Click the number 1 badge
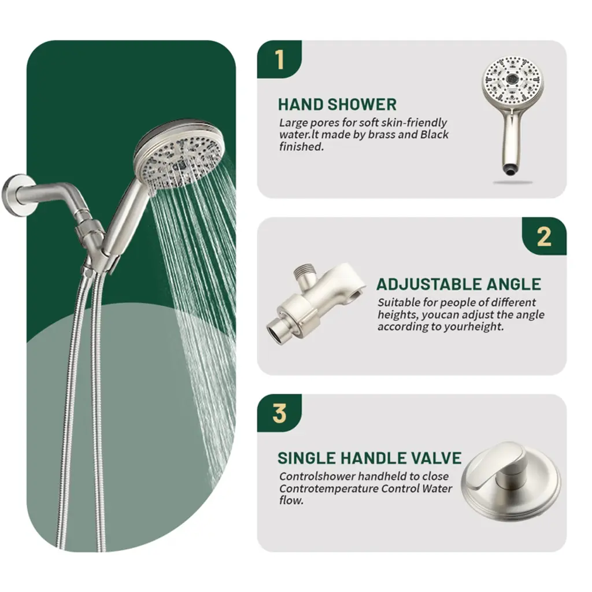pyautogui.click(x=279, y=60)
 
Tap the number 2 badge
pyautogui.click(x=544, y=236)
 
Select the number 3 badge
pyautogui.click(x=279, y=413)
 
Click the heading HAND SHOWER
pyautogui.click(x=337, y=105)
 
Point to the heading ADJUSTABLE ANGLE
pyautogui.click(x=458, y=284)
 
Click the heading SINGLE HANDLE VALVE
pyautogui.click(x=369, y=458)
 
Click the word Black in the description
pyautogui.click(x=435, y=134)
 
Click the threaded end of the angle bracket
pyautogui.click(x=304, y=272)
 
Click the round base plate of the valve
pyautogui.click(x=512, y=485)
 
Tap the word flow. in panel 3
pyautogui.click(x=291, y=501)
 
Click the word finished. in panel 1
pyautogui.click(x=302, y=146)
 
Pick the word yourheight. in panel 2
pyautogui.click(x=474, y=327)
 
